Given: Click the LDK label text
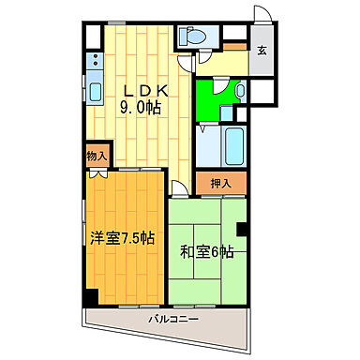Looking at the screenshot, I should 145,91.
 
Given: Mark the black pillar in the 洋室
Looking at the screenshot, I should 90,296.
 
